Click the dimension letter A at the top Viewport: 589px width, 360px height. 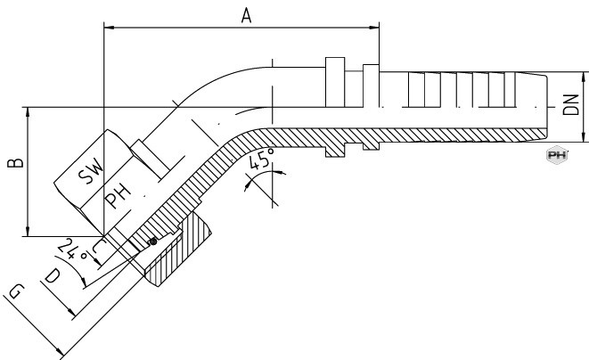[x=246, y=16]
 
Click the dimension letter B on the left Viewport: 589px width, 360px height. [x=16, y=163]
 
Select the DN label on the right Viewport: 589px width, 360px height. [x=571, y=105]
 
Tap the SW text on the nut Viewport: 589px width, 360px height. [x=91, y=171]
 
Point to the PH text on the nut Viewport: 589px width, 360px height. [x=118, y=196]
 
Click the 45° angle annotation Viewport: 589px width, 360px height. [x=261, y=159]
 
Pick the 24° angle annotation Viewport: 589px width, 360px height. [x=73, y=250]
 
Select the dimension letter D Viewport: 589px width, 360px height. [x=52, y=276]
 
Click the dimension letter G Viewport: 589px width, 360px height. [x=17, y=291]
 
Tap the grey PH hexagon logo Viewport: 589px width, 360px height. [x=557, y=155]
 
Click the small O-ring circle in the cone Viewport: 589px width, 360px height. [x=152, y=241]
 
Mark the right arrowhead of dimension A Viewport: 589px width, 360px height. [x=374, y=28]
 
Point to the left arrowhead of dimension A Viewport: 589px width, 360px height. [x=109, y=28]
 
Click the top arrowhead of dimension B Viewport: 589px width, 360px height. [x=28, y=112]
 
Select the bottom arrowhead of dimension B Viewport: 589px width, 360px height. [x=28, y=232]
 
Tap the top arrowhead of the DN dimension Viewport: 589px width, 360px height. [x=584, y=77]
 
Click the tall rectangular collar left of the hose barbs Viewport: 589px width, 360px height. [x=335, y=82]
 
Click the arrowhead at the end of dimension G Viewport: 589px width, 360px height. [x=60, y=351]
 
